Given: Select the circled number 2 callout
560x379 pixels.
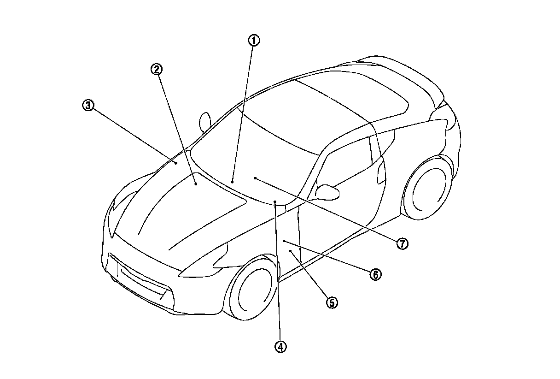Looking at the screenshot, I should tap(157, 69).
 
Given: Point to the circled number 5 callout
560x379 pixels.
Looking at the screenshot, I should tap(332, 302).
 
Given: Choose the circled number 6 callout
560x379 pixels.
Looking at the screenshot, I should tap(375, 274).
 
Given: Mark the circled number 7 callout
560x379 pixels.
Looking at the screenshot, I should tap(402, 243).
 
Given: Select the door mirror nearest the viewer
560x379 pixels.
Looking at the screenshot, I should tap(328, 192).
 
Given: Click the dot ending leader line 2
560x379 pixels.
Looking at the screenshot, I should tap(196, 184).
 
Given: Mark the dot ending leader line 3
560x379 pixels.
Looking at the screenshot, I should tap(176, 162).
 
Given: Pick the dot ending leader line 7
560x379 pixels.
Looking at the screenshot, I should tap(255, 178).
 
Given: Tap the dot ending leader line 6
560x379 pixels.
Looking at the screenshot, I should tap(284, 241).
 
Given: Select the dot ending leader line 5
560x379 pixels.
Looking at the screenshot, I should tap(291, 250).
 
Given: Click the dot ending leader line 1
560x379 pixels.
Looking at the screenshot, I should tap(233, 182).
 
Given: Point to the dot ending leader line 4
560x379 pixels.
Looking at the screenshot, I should tap(275, 202).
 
